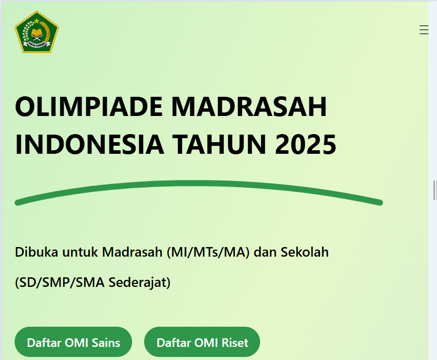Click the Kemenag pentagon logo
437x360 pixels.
[37, 32]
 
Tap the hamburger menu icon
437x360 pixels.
[424, 30]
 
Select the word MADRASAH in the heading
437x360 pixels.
[249, 107]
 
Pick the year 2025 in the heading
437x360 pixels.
[306, 144]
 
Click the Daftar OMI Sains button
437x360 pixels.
[74, 343]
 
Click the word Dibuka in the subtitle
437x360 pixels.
[35, 252]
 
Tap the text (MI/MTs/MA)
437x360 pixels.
[208, 252]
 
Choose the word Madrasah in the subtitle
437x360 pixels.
[132, 252]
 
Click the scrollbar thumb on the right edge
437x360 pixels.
[434, 190]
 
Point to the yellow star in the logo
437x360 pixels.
[37, 21]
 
